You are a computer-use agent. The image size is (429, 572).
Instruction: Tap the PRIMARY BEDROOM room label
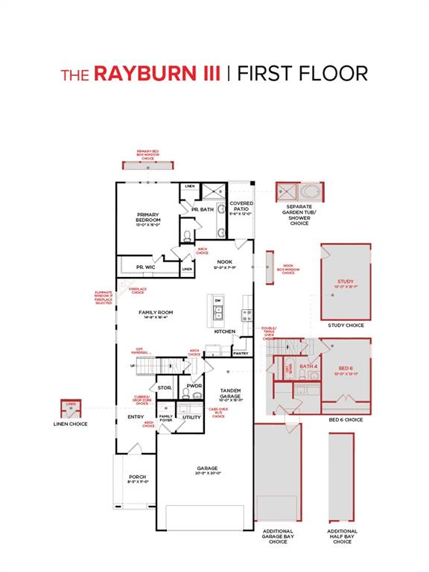(148, 218)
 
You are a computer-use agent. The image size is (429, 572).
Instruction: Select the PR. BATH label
(203, 209)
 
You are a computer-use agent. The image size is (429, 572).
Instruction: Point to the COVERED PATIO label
(241, 206)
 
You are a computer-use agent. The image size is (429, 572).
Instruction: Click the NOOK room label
(224, 262)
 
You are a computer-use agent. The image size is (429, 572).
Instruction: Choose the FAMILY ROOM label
(156, 313)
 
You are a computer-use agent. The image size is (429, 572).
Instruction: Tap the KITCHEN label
(225, 331)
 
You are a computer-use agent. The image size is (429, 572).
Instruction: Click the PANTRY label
(241, 353)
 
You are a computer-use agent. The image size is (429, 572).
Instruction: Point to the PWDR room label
(194, 386)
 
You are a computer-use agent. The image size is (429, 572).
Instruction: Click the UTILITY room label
(192, 417)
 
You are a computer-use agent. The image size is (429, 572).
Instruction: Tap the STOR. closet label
(165, 388)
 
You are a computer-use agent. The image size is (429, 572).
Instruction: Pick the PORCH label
(137, 477)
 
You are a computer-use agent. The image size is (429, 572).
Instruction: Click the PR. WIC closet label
(145, 267)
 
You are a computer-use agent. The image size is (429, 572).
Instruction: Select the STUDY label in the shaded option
(346, 282)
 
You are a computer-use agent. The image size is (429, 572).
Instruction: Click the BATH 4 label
(308, 366)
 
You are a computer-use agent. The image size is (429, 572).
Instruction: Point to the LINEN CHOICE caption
(71, 424)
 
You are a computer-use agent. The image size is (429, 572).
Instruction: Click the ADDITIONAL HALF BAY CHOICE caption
(343, 536)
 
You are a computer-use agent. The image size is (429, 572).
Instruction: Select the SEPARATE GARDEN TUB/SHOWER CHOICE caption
(299, 217)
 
